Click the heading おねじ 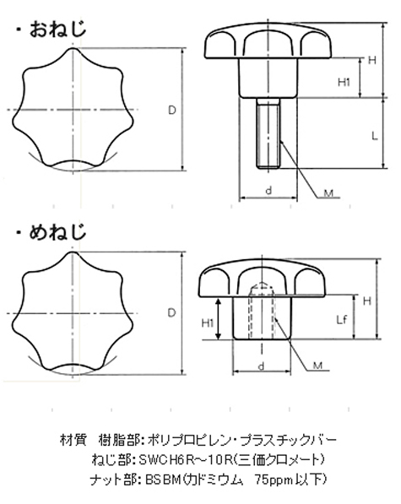tap(58, 30)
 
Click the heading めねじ tap(58, 232)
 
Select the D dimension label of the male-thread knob tap(172, 111)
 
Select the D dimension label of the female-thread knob tap(172, 312)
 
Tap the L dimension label tap(375, 136)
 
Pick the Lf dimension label tap(342, 319)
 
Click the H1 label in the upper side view tap(344, 82)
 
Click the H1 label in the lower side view tap(208, 323)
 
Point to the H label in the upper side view tap(372, 60)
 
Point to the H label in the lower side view tap(367, 301)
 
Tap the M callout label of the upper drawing tap(328, 193)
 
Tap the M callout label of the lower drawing tap(317, 366)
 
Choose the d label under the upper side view tap(268, 191)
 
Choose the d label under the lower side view tap(262, 366)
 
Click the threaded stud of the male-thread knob tap(268, 133)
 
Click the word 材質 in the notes tap(73, 440)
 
